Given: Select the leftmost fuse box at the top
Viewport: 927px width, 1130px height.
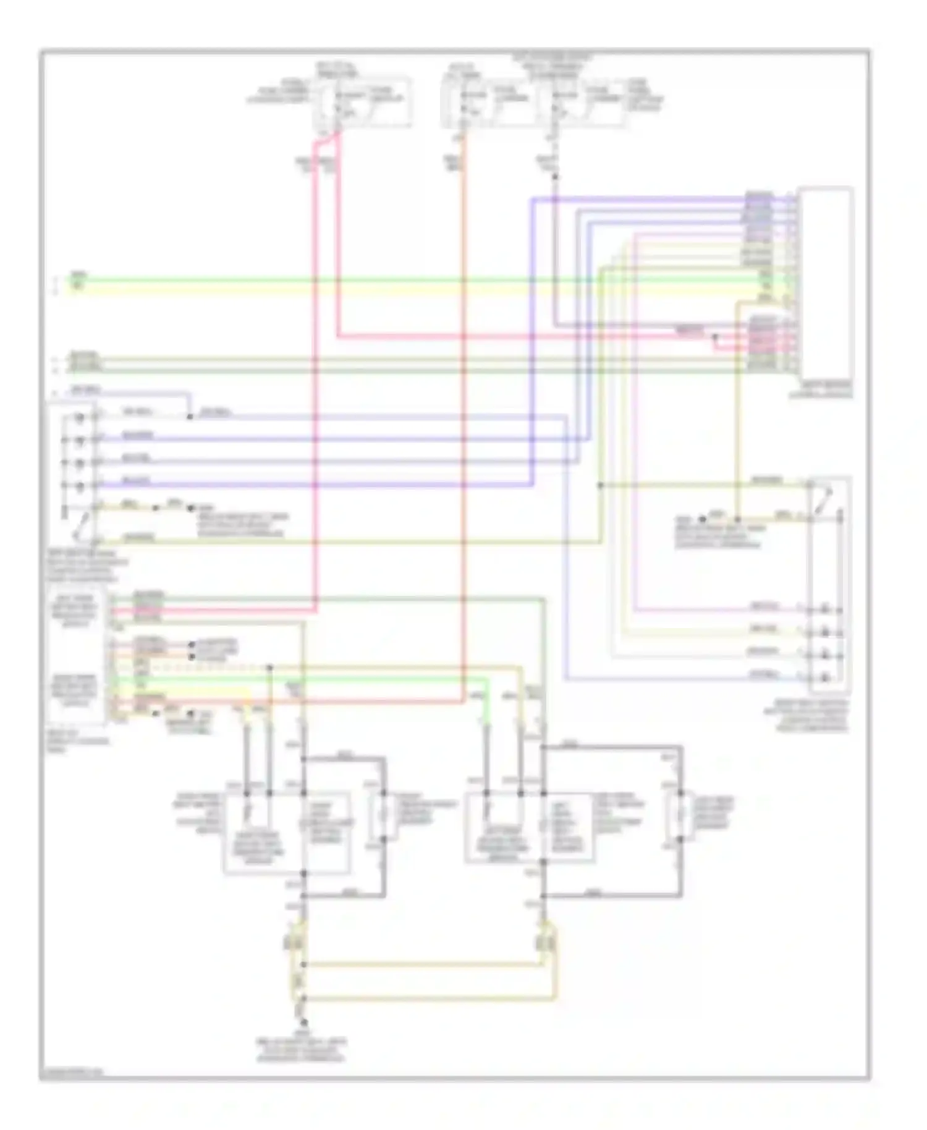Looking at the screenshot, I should pyautogui.click(x=363, y=102).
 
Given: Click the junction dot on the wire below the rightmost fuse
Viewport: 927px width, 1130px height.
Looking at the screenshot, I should pyautogui.click(x=554, y=177).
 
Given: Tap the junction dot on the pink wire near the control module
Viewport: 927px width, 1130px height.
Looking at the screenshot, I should pyautogui.click(x=715, y=338).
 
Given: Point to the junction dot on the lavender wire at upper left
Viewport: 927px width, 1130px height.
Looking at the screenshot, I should pyautogui.click(x=190, y=417).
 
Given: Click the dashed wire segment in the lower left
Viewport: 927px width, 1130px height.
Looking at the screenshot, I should pyautogui.click(x=204, y=668).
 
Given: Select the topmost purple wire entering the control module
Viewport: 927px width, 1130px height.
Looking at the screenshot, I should pyautogui.click(x=649, y=198).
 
